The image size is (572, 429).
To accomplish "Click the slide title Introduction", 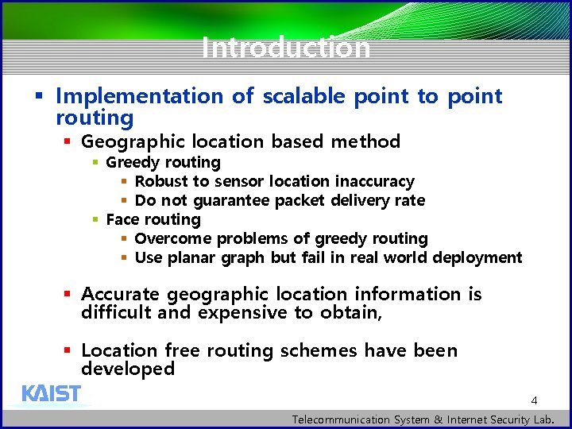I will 286,48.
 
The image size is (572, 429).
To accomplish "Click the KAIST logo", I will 51,394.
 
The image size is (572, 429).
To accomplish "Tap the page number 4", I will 535,400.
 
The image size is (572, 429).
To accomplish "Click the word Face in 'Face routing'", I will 122,220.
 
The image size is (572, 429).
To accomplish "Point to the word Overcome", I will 173,239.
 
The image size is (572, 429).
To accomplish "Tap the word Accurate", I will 121,295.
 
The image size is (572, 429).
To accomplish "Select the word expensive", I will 243,313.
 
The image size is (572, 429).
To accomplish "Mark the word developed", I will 128,369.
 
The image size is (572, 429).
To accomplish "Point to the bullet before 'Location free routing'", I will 68,350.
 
